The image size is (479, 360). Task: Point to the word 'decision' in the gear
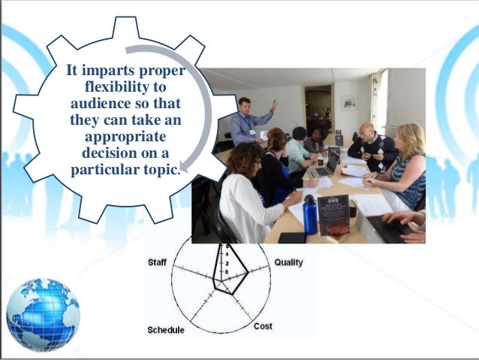coord(101,153)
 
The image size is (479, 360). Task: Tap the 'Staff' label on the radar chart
coord(156,262)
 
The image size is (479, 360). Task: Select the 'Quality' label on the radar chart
coord(288,262)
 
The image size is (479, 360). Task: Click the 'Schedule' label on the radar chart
coord(165,330)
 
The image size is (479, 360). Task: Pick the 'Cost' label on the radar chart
coord(263,326)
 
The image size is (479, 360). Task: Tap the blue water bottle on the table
coord(309,215)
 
